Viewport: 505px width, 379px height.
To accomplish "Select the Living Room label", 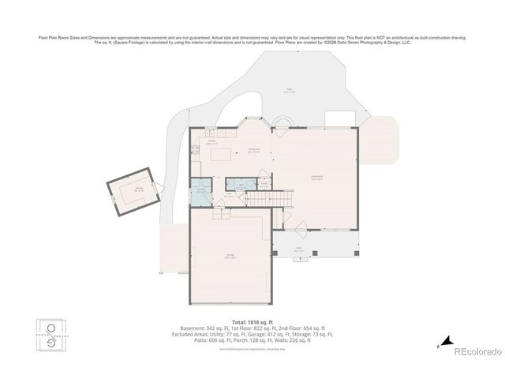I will (316, 178).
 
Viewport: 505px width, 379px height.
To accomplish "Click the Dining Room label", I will (254, 151).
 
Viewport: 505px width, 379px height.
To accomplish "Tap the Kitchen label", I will (211, 143).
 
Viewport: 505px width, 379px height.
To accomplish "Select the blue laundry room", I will (201, 192).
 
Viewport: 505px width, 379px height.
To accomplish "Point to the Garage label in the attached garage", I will (230, 255).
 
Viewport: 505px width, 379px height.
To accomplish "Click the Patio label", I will (289, 92).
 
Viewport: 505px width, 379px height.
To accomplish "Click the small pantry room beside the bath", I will (230, 183).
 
